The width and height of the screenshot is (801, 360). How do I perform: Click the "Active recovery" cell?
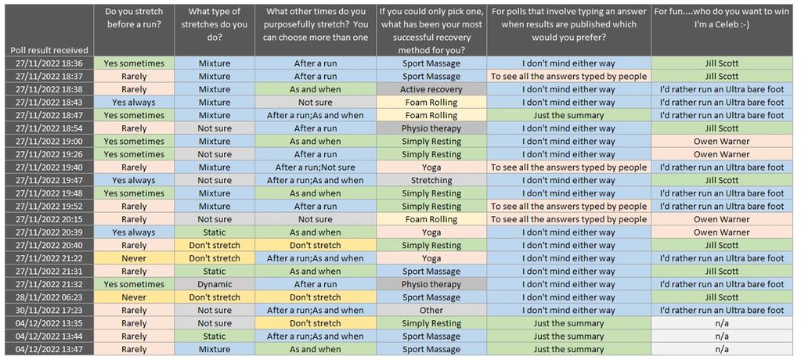[x=431, y=89]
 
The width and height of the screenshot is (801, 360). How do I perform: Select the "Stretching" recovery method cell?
[x=431, y=180]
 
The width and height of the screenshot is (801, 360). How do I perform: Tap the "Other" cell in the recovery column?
[x=431, y=311]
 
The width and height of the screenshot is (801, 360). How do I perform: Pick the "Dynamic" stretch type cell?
[x=215, y=285]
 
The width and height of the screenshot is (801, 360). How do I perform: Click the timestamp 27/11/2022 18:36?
[x=48, y=63]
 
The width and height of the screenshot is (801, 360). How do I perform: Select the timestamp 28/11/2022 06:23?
[x=48, y=297]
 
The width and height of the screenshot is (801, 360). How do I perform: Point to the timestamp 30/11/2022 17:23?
[x=48, y=311]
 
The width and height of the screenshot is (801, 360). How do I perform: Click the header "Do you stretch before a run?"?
[x=134, y=19]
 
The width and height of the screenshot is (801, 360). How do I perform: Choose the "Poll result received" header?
[x=48, y=49]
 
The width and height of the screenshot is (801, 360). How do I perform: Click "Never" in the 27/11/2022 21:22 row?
[x=134, y=258]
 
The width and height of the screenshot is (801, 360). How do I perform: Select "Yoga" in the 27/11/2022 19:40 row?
[x=431, y=167]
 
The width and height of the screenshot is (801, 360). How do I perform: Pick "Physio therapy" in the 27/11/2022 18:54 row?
[x=431, y=128]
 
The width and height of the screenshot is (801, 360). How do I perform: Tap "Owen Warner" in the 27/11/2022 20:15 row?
[x=721, y=219]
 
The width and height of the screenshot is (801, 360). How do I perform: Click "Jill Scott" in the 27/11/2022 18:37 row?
[x=721, y=77]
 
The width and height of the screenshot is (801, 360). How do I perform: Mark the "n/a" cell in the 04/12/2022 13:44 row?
[x=721, y=337]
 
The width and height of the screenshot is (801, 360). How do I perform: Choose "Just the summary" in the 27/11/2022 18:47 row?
[x=568, y=115]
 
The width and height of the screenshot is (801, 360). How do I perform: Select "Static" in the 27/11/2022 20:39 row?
[x=215, y=232]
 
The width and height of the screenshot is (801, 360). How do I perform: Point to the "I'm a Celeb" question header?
[x=721, y=19]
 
